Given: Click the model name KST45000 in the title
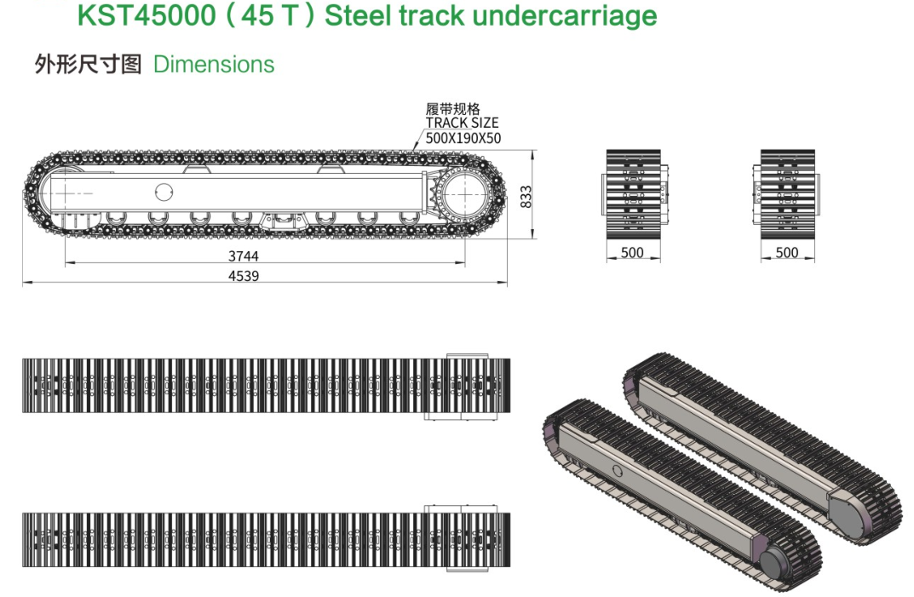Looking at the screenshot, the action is [147, 14].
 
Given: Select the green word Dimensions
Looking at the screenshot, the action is [214, 64].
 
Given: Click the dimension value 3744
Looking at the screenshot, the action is [244, 256].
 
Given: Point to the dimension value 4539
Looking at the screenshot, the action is [244, 276].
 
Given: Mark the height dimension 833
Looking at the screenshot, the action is [526, 197].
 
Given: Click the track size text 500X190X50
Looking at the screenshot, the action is [463, 138].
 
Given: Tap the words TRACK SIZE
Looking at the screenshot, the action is [463, 123].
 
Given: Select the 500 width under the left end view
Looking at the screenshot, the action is [632, 252].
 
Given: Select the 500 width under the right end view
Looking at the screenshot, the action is [787, 252].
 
